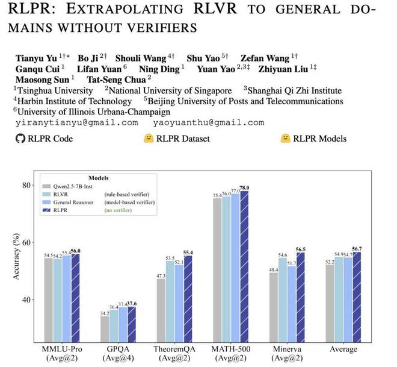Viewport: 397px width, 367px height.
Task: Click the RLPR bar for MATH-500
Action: point(244,265)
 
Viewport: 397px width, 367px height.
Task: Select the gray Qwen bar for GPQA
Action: point(104,328)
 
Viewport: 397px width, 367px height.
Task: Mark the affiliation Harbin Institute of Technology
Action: point(70,101)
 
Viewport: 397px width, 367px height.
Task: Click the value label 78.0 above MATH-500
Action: point(244,189)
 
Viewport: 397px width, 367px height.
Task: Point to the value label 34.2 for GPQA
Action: point(104,313)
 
